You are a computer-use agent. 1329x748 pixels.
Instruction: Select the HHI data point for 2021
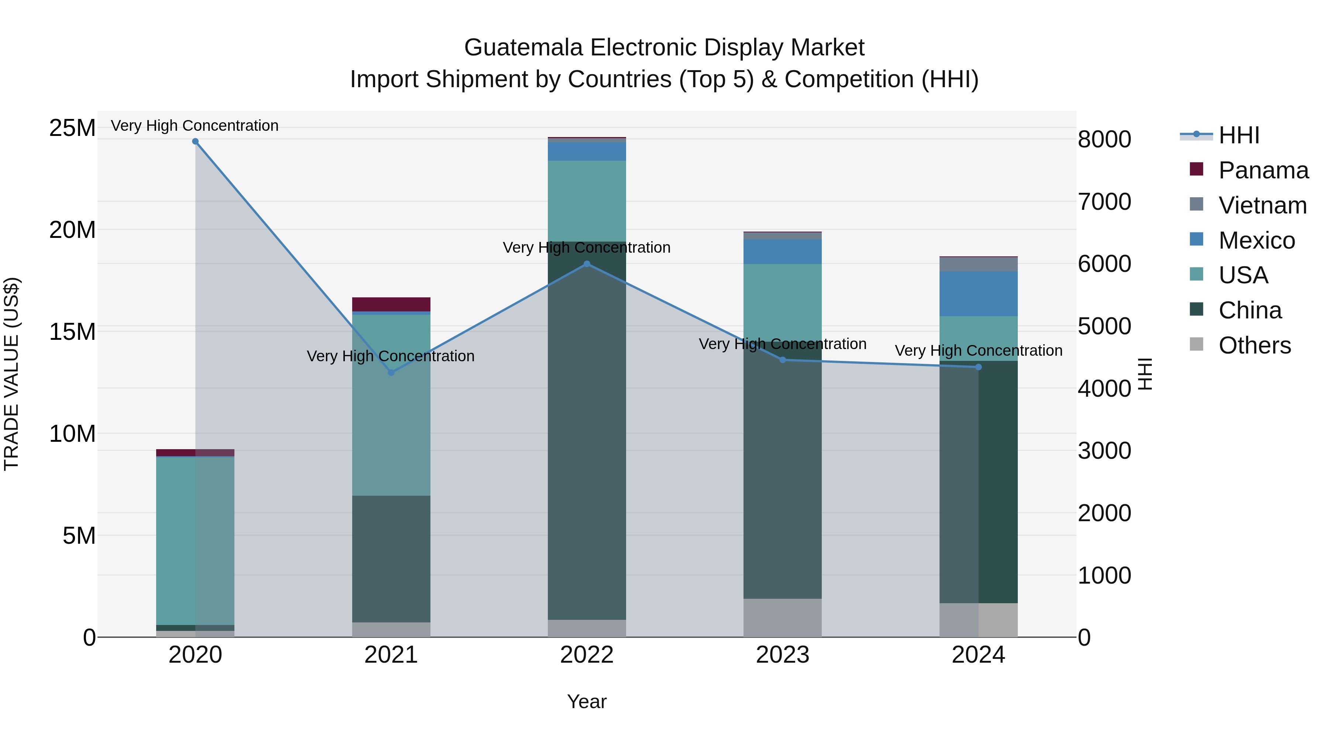[391, 372]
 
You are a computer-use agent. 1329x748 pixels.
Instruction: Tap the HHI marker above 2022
[587, 264]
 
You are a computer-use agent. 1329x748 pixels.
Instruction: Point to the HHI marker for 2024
[978, 367]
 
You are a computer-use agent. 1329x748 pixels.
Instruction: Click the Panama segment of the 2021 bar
[391, 304]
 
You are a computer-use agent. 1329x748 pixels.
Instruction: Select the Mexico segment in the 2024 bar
[978, 294]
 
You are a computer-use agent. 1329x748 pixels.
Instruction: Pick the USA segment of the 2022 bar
[587, 201]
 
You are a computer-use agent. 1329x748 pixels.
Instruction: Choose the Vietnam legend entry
[1263, 205]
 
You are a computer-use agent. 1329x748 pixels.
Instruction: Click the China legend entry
[1250, 310]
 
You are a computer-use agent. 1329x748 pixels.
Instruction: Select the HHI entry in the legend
[1239, 135]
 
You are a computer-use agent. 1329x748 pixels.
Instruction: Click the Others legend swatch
[1196, 344]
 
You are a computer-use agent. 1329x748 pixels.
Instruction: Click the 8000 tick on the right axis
[1104, 139]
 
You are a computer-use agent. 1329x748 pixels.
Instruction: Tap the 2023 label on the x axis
[782, 655]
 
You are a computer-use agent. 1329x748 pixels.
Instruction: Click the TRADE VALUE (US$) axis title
[11, 374]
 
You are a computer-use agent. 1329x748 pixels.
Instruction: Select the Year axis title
[587, 701]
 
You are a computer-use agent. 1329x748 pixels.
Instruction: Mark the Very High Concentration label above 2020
[195, 126]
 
